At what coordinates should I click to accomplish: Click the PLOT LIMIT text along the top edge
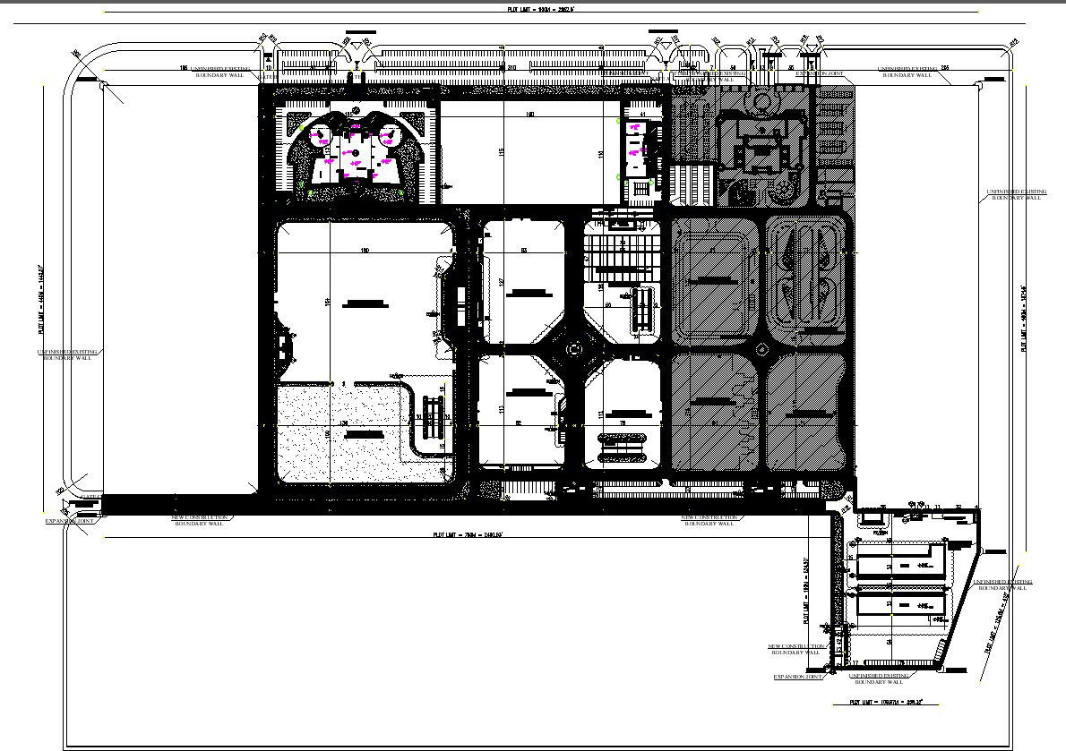pyautogui.click(x=540, y=8)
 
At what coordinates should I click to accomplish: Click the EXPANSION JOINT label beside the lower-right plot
pyautogui.click(x=797, y=677)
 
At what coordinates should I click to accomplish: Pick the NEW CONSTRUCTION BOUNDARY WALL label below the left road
pyautogui.click(x=199, y=520)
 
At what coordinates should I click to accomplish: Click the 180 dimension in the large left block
pyautogui.click(x=365, y=250)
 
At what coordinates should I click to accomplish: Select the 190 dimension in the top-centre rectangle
pyautogui.click(x=529, y=115)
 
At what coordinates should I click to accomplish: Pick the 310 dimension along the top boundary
pyautogui.click(x=512, y=68)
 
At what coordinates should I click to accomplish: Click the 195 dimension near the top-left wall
pyautogui.click(x=183, y=68)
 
